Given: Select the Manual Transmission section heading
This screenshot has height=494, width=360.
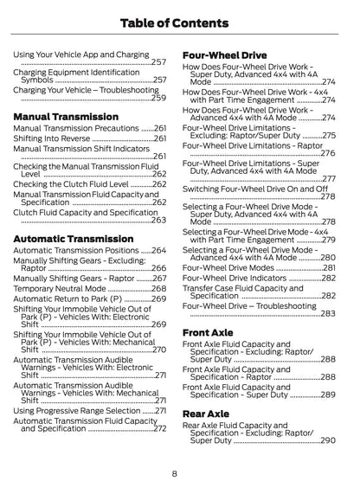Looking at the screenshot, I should tap(67, 115).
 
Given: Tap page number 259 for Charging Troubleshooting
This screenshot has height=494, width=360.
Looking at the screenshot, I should tap(159, 98).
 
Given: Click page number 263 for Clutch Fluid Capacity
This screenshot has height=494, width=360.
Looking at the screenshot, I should tap(159, 220).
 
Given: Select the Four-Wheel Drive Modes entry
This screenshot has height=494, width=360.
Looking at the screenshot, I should tap(228, 267).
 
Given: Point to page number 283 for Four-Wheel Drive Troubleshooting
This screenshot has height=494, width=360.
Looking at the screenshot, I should tap(328, 313).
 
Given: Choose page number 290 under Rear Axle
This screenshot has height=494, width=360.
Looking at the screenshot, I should tap(328, 440).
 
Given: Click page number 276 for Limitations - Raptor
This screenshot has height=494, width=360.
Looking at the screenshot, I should tap(328, 153).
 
